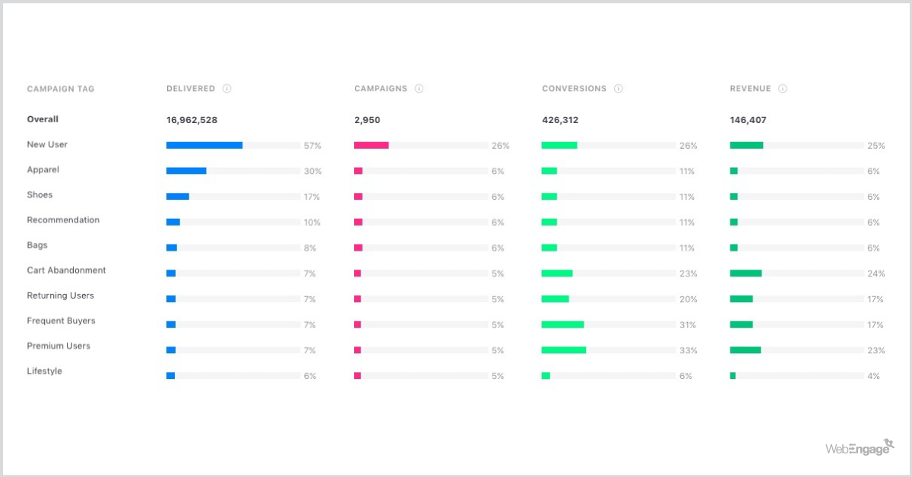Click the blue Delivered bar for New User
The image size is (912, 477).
(204, 145)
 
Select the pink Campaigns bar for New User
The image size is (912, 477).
(371, 145)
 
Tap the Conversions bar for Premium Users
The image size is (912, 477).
(563, 350)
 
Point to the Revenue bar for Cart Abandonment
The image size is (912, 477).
(746, 273)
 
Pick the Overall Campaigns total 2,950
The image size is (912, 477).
(367, 120)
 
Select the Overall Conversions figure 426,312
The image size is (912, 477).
(560, 120)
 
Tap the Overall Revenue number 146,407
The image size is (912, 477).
(748, 120)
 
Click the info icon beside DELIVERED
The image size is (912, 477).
(227, 89)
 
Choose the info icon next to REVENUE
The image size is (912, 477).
(783, 89)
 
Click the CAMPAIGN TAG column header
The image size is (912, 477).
(61, 89)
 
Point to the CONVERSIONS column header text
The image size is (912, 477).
(574, 89)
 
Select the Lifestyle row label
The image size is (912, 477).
(44, 371)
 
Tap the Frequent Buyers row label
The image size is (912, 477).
(61, 321)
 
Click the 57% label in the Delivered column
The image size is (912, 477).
(312, 146)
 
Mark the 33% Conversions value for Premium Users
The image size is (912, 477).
(688, 351)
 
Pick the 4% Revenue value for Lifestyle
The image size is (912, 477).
(873, 376)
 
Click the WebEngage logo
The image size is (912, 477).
(860, 448)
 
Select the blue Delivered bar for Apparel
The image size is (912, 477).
(186, 171)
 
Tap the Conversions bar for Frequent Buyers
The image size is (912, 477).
(562, 324)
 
